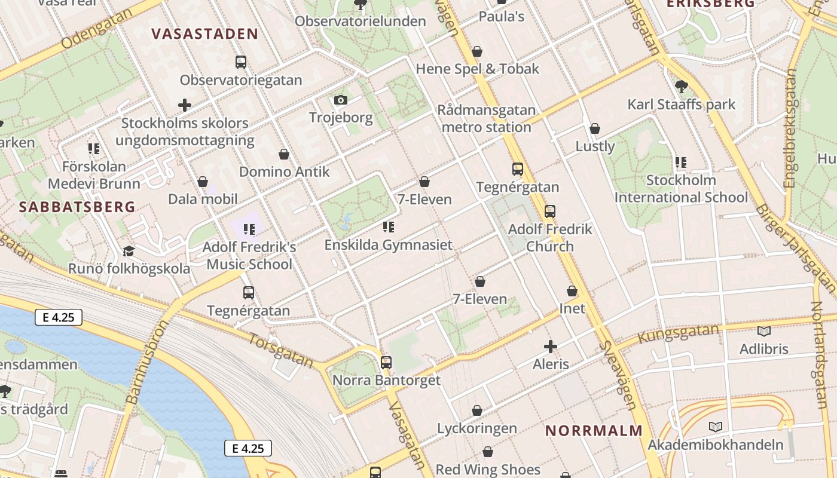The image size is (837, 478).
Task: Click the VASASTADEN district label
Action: coord(204,34)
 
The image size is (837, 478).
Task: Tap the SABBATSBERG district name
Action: coord(77,207)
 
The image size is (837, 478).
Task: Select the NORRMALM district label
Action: coord(594,431)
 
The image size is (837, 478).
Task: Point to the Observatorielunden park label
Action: coord(360,22)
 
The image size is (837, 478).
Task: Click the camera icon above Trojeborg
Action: coord(341,100)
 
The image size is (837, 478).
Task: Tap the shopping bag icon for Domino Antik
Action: coord(284,154)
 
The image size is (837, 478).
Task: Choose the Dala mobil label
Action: coord(203,199)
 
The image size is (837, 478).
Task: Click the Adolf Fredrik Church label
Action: coord(550,237)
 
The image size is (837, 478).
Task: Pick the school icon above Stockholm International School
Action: coord(680,163)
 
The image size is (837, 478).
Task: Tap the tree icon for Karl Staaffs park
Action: coord(681,87)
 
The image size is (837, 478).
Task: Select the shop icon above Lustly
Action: coord(595,128)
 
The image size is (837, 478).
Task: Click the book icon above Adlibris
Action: coord(763,331)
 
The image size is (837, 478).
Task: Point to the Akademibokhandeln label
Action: coord(715,445)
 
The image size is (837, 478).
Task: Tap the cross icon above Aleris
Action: coord(551,346)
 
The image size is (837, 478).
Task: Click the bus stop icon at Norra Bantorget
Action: coord(386,362)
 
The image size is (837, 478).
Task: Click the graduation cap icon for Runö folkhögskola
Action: coord(129,251)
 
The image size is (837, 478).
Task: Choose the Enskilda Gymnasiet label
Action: coord(388,245)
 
